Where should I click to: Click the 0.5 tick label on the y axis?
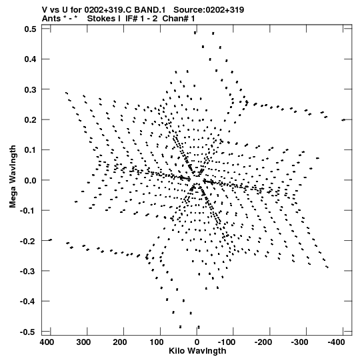point(31,29)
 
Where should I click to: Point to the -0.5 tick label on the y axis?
point(28,332)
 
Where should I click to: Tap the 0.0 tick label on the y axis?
point(31,180)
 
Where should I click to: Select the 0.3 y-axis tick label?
point(31,90)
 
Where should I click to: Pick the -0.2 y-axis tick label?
point(28,241)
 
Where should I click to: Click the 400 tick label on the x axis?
point(47,342)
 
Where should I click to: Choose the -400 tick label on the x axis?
point(336,342)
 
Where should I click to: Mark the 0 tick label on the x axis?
point(197,342)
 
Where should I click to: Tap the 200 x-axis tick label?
point(120,342)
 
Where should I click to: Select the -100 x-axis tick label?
point(227,342)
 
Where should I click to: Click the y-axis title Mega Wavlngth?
point(13,177)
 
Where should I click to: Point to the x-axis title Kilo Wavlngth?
point(197,351)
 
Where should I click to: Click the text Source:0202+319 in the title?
point(209,9)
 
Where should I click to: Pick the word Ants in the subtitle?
point(51,19)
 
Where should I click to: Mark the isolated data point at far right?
point(343,120)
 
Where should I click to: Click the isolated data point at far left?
point(51,240)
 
